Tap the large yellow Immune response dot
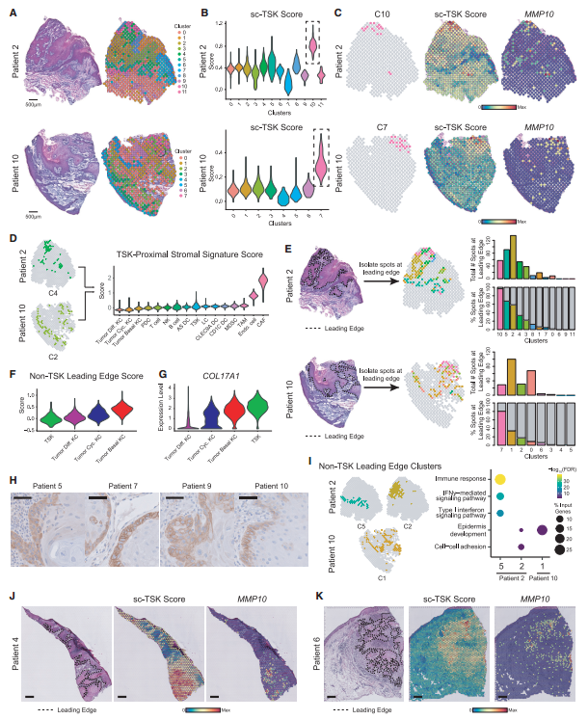coord(500,479)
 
